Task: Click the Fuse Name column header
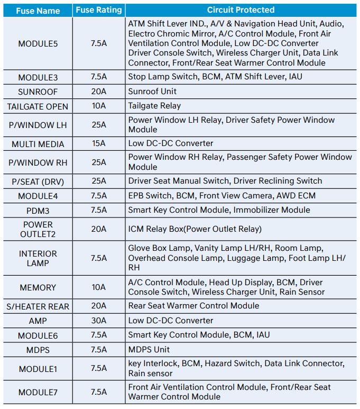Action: tap(38, 10)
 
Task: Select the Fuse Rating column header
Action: tap(98, 10)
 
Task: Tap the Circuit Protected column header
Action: tap(241, 10)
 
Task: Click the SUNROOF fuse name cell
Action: tap(38, 92)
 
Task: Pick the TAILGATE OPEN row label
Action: tap(38, 106)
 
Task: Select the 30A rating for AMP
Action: tap(98, 321)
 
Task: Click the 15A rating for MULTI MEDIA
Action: tap(98, 144)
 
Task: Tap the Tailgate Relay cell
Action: tap(154, 106)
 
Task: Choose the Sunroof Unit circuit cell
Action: tap(152, 92)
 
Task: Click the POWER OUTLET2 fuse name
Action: tap(38, 229)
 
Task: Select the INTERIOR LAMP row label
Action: tap(38, 258)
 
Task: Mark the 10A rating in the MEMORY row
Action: tap(98, 287)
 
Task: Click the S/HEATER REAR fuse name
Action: tap(38, 306)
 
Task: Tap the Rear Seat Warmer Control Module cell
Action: tap(193, 306)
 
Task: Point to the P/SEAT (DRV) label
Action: tap(38, 181)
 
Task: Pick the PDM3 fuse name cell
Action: tap(38, 211)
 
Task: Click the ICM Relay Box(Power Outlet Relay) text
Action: tap(195, 229)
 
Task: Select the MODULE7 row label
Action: tap(38, 392)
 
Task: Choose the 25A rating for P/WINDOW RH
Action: tap(98, 162)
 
